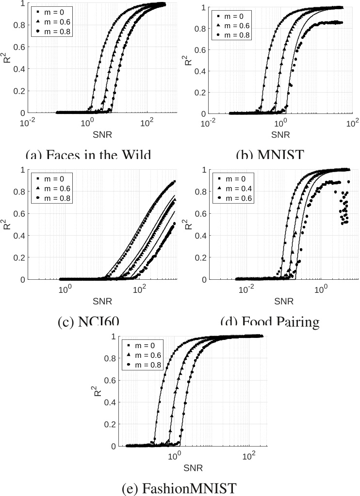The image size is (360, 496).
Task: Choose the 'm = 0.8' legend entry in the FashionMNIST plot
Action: [x=145, y=365]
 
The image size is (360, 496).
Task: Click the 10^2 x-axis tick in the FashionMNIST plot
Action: [x=249, y=456]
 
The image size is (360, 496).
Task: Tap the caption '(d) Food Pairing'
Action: [x=270, y=322]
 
